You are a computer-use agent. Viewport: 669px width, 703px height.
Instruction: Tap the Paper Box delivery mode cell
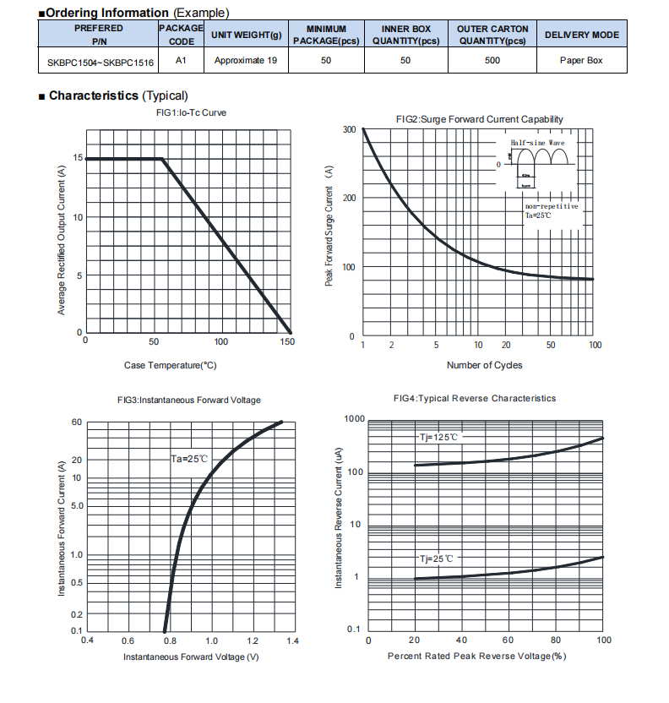point(581,60)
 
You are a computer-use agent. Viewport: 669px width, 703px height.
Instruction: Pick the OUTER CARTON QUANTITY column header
point(492,35)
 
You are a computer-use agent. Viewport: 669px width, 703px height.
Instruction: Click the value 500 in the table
point(492,60)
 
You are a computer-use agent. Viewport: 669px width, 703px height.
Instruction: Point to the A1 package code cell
point(181,60)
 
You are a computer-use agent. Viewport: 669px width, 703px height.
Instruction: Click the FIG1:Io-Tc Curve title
point(191,112)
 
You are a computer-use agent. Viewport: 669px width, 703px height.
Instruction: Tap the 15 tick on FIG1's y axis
point(78,158)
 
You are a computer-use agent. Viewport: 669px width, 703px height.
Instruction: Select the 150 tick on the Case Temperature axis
point(287,341)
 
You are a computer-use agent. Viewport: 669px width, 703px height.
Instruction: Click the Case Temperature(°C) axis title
point(170,365)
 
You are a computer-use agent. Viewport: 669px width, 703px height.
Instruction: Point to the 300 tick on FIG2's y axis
point(349,129)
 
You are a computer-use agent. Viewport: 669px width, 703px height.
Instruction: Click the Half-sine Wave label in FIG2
point(538,144)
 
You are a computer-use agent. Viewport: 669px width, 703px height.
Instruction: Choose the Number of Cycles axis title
point(484,365)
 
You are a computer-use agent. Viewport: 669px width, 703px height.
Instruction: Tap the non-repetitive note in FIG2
point(552,205)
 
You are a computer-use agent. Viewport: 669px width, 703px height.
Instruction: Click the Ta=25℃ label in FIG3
point(189,459)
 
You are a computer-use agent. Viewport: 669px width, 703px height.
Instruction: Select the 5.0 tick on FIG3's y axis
point(76,506)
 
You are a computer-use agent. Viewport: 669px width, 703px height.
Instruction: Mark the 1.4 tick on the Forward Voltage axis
point(291,641)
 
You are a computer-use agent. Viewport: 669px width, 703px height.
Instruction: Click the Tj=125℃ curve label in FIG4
point(439,438)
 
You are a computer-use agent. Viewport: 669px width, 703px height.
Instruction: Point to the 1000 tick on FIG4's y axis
point(355,419)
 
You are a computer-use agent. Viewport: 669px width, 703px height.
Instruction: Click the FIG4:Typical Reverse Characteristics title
point(475,398)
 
